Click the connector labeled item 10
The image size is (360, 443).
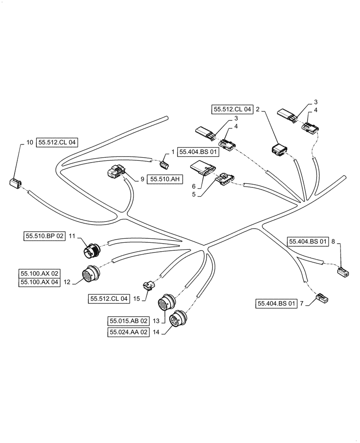click(16, 183)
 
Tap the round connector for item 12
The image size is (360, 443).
click(90, 275)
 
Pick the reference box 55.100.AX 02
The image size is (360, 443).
click(39, 273)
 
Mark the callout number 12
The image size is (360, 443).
click(67, 281)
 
